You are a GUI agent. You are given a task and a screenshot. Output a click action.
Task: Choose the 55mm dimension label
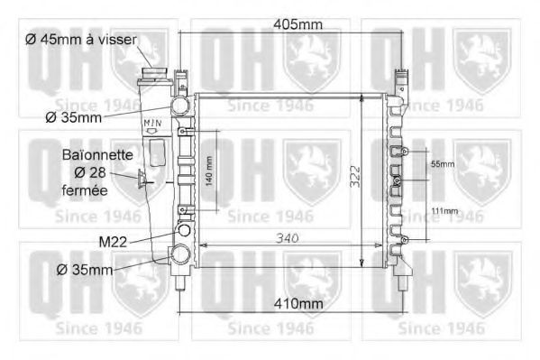[442, 164]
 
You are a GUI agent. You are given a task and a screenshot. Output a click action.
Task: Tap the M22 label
[115, 241]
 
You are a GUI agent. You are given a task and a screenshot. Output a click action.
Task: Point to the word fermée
[85, 190]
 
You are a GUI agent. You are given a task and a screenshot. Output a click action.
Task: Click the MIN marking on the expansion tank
[151, 120]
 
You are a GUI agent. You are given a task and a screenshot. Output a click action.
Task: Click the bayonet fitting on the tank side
[142, 183]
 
